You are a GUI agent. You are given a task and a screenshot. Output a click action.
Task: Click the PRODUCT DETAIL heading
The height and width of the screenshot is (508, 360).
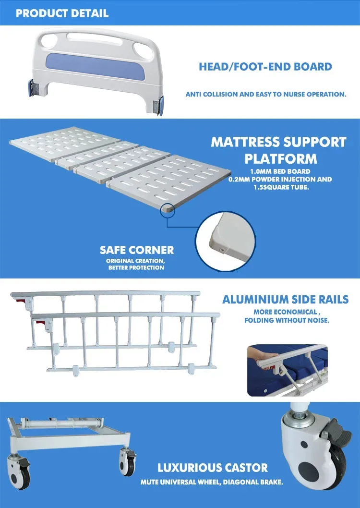(x=62, y=13)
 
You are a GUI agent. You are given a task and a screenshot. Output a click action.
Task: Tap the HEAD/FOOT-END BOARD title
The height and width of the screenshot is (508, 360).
(x=265, y=66)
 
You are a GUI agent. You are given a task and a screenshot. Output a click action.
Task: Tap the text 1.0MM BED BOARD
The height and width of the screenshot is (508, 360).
(x=280, y=171)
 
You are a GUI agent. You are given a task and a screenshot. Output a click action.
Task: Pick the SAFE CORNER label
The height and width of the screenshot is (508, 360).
(x=137, y=250)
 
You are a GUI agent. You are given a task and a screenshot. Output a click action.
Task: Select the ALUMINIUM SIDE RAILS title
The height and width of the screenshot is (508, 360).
(x=285, y=300)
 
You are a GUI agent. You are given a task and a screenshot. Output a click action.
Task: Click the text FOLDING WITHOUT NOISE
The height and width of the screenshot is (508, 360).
(x=287, y=320)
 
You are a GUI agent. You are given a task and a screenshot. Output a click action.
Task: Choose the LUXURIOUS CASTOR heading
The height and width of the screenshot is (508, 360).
(x=213, y=468)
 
